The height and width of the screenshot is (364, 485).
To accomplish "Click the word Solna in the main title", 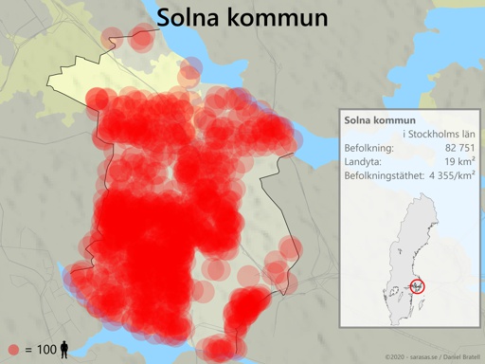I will coord(189,18).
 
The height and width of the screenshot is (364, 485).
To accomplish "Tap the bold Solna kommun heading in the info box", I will coord(380,120).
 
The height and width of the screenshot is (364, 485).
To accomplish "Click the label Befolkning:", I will coord(370,149).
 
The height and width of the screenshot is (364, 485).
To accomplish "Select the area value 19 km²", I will coord(459,162).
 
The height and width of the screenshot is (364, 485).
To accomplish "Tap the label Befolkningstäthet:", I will coord(384,175).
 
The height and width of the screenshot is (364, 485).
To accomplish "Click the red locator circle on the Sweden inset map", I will coord(418,284).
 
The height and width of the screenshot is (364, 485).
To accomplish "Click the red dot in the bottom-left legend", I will coord(13,350).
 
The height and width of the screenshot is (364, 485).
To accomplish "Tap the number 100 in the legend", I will coord(46,350).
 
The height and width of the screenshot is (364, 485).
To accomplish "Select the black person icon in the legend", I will coord(64,350).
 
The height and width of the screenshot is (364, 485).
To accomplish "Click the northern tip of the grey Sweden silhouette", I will coord(423,196).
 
